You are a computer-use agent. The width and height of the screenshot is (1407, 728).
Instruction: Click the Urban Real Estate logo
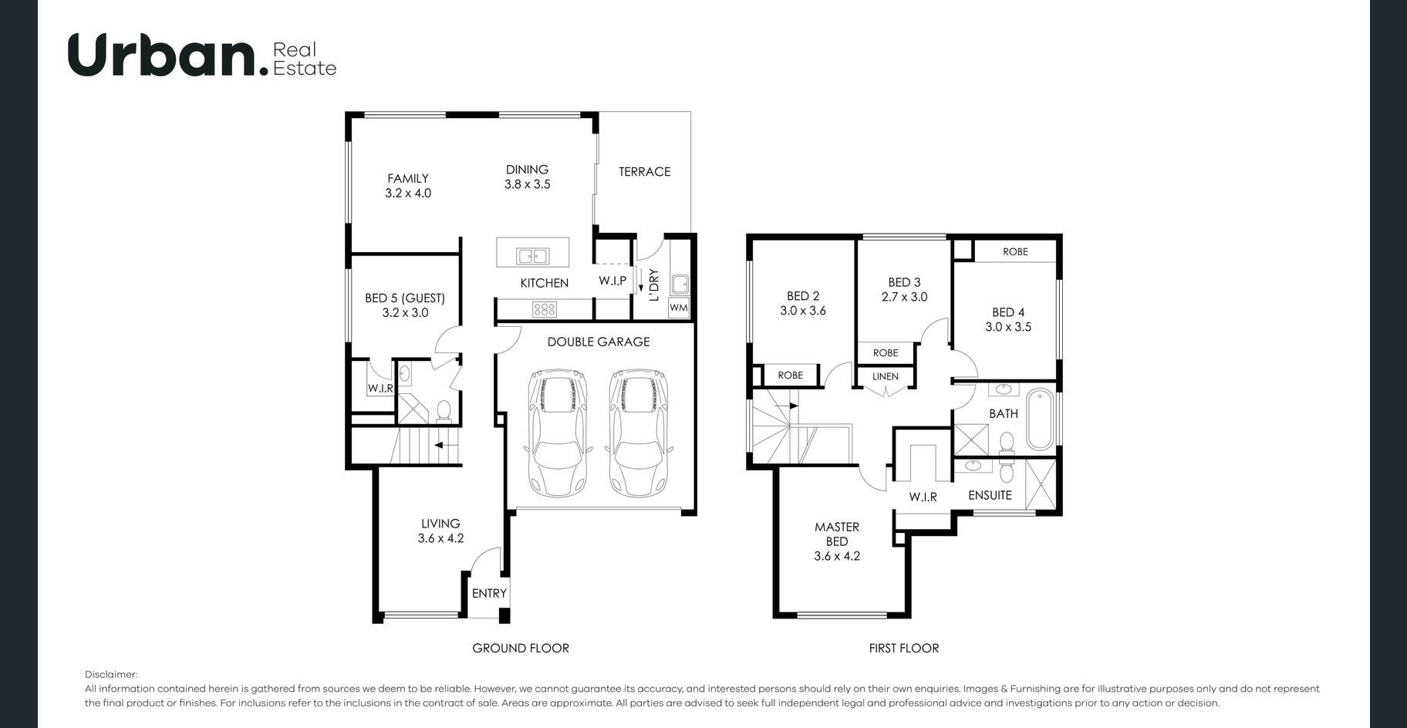point(202,55)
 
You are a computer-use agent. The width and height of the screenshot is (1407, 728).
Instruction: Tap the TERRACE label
point(644,172)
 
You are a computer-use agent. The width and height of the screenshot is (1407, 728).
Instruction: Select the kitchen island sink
point(533,256)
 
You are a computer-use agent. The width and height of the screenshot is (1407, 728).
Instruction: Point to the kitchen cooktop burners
point(544,309)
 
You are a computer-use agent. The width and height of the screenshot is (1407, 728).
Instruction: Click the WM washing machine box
point(678,307)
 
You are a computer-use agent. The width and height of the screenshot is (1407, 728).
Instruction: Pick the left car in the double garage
point(556,433)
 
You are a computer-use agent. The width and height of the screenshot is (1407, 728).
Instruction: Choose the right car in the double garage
point(638,433)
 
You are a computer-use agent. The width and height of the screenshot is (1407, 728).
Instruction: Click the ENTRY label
point(489,593)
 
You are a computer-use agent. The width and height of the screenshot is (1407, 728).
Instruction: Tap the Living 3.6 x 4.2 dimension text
point(440,538)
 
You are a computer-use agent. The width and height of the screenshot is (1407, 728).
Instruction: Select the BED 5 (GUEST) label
point(405,298)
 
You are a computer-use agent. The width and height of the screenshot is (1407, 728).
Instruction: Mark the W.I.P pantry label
point(612,281)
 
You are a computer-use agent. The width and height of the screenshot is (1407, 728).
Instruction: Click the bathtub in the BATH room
point(1039,419)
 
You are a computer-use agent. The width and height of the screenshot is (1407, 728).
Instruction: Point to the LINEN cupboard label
point(886,376)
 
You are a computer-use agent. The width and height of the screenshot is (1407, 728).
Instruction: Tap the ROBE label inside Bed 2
point(790,376)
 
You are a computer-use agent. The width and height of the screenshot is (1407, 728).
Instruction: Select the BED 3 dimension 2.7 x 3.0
point(904,297)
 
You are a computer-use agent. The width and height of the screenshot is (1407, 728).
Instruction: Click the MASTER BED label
point(837,534)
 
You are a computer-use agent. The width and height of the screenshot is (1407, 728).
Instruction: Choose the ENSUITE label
point(990,495)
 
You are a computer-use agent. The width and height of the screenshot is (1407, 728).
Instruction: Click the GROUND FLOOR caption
point(521,649)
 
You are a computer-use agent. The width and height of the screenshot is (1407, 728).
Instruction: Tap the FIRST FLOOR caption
point(904,649)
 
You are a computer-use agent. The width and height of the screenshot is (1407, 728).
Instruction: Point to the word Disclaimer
point(111,675)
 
